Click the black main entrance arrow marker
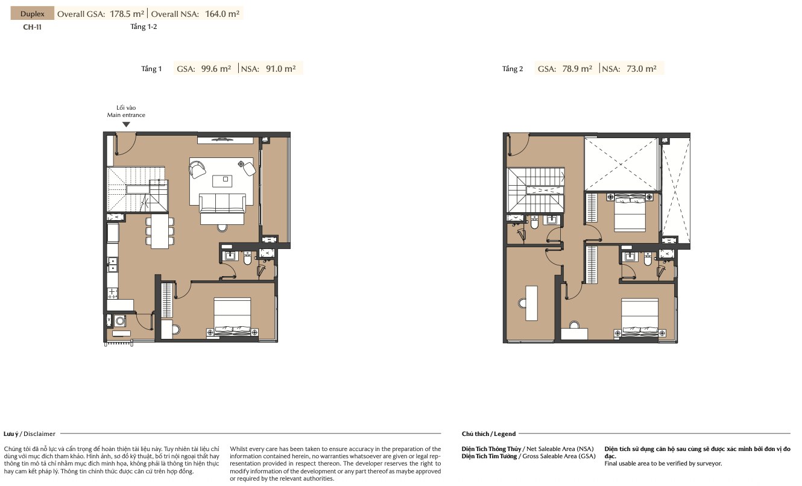click(126, 124)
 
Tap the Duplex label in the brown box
click(32, 14)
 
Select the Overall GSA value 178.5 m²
click(127, 14)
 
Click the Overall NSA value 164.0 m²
click(222, 14)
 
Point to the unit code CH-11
click(32, 27)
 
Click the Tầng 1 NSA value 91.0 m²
click(281, 69)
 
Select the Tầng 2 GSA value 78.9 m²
click(577, 69)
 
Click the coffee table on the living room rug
click(222, 181)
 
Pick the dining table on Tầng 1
click(160, 231)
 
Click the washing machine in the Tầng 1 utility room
click(119, 321)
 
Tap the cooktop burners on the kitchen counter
click(112, 293)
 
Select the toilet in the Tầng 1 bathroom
click(247, 258)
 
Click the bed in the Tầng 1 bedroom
click(232, 317)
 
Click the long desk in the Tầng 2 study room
click(531, 303)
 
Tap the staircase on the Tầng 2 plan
click(536, 190)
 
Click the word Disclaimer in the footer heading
click(39, 434)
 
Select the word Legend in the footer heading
click(505, 434)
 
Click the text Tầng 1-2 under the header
click(144, 27)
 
